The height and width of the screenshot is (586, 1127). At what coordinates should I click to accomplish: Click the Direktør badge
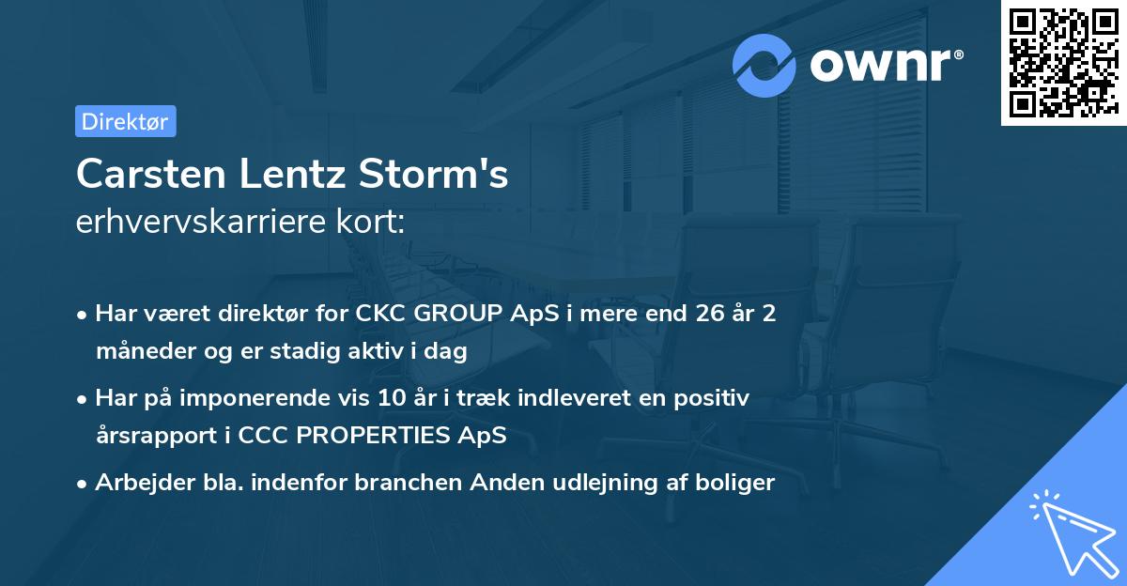125,121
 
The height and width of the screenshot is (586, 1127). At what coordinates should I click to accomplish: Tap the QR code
1063,62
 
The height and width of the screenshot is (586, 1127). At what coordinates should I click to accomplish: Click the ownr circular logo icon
764,65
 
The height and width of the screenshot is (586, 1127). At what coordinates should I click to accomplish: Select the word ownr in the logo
879,64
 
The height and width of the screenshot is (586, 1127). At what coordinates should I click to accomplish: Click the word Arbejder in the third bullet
136,483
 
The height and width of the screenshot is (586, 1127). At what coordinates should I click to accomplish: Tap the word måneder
137,351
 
